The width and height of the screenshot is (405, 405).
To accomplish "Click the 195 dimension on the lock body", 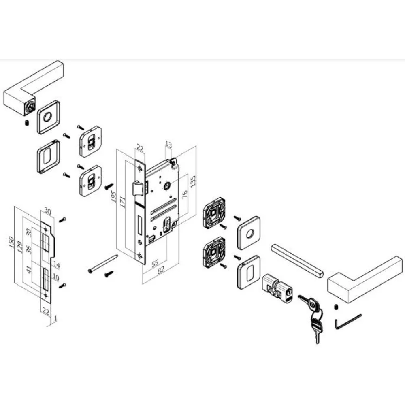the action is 113,196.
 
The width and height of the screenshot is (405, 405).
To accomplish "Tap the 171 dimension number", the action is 123,202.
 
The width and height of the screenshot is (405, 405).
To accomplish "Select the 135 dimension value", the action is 193,181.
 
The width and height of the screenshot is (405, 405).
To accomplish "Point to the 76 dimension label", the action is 185,195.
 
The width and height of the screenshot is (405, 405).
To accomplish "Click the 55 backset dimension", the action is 155,264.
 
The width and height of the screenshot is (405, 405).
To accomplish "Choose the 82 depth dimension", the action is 161,270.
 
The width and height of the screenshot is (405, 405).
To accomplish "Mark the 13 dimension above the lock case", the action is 168,145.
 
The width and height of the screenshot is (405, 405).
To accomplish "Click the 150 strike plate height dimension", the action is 12,242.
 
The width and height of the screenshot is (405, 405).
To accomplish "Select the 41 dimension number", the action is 30,269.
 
